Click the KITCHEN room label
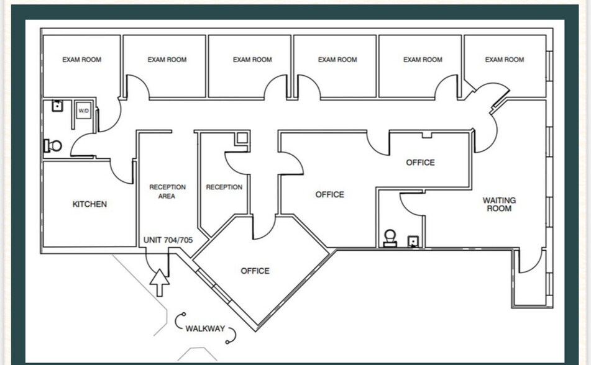(89, 204)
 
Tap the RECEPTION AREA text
(167, 191)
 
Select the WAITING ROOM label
(499, 204)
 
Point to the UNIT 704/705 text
(168, 240)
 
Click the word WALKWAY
(204, 328)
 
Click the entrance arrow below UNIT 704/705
(160, 282)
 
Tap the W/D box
(83, 111)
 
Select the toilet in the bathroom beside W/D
(53, 146)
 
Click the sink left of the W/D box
(57, 106)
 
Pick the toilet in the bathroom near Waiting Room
(390, 238)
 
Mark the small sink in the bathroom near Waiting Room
(412, 241)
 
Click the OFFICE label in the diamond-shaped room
(255, 271)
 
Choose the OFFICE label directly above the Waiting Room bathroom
(420, 163)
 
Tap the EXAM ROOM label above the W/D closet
(81, 60)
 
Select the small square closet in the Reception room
(242, 139)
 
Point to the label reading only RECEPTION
(224, 187)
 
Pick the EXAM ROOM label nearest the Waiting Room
(504, 60)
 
